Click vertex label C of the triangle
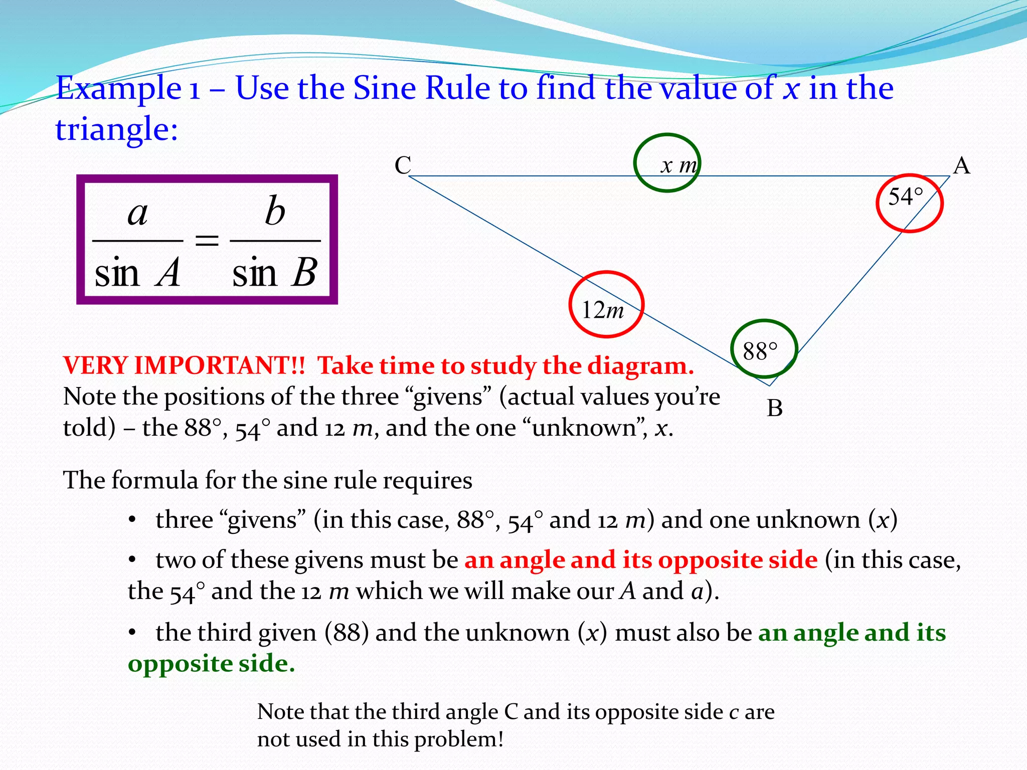tap(403, 165)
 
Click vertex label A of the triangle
tap(961, 165)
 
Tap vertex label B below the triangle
tap(774, 408)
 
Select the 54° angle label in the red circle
tap(906, 197)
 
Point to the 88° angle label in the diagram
tap(760, 351)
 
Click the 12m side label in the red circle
tap(602, 310)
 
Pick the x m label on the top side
tap(678, 165)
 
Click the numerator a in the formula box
tap(137, 213)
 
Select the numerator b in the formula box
tap(275, 211)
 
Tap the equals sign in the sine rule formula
tap(207, 241)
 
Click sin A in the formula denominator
tap(137, 273)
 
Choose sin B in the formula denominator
tap(275, 273)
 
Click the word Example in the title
tap(118, 89)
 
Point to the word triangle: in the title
tap(116, 129)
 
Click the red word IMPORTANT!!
tap(219, 365)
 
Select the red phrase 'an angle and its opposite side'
tap(641, 559)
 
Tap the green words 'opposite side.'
tap(211, 663)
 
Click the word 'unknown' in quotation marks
tap(584, 428)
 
